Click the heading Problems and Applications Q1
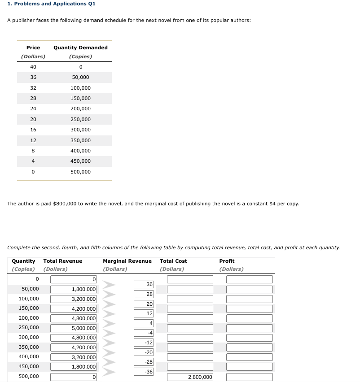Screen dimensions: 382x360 pyautogui.click(x=45, y=4)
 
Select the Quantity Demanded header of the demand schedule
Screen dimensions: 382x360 pyautogui.click(x=80, y=48)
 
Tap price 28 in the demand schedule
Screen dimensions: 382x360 pyautogui.click(x=33, y=98)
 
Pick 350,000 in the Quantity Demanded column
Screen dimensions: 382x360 pyautogui.click(x=80, y=140)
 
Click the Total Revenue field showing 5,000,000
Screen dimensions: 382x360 pyautogui.click(x=74, y=328)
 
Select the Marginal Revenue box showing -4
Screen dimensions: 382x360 pyautogui.click(x=144, y=333)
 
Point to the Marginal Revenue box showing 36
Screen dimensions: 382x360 pyautogui.click(x=144, y=284)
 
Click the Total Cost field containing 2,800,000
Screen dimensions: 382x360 pyautogui.click(x=190, y=377)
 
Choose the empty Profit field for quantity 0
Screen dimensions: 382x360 pyautogui.click(x=249, y=279)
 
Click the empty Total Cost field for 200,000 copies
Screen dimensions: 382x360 pyautogui.click(x=190, y=318)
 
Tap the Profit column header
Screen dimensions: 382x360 pyautogui.click(x=227, y=261)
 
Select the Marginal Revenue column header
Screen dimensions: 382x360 pyautogui.click(x=127, y=261)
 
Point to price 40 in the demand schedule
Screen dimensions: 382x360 pyautogui.click(x=33, y=67)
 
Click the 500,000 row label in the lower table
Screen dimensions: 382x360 pyautogui.click(x=29, y=376)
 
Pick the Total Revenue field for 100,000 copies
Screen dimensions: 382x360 pyautogui.click(x=74, y=299)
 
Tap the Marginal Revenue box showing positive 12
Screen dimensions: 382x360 pyautogui.click(x=144, y=313)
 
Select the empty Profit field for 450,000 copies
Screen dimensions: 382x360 pyautogui.click(x=249, y=367)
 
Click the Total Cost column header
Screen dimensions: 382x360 pyautogui.click(x=173, y=261)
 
